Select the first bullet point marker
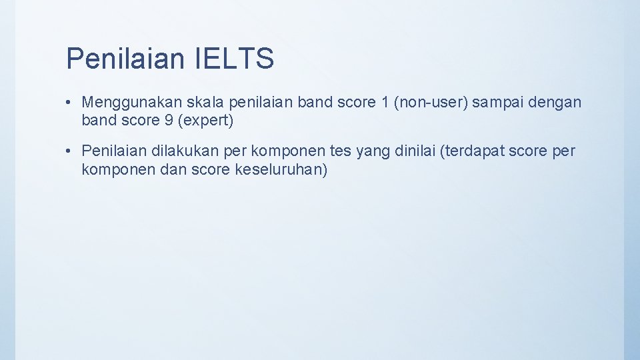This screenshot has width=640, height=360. pos(69,103)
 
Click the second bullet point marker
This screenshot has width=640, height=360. pos(69,151)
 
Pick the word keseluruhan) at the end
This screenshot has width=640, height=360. pos(281,170)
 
